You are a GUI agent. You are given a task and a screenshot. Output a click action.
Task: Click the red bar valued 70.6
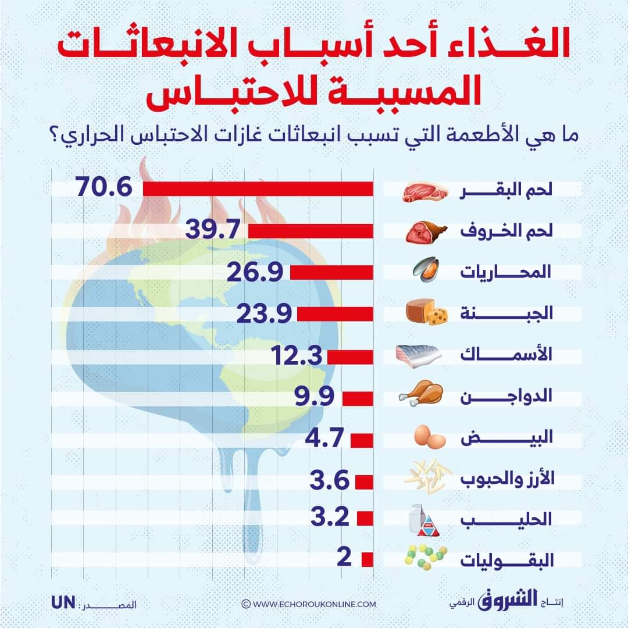click(x=258, y=190)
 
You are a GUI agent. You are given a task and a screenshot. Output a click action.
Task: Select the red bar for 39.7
click(x=311, y=231)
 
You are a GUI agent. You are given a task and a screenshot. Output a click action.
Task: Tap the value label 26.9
click(x=256, y=272)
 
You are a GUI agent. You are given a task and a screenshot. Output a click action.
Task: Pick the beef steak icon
click(x=425, y=191)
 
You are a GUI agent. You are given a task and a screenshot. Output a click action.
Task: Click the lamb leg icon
click(x=426, y=231)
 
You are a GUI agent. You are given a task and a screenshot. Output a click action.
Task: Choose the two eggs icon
click(x=430, y=437)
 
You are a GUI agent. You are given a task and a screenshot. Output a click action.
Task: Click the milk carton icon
click(x=424, y=520)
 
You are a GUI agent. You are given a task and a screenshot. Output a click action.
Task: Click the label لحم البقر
click(x=506, y=191)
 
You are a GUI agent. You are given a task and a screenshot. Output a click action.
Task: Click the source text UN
click(x=63, y=602)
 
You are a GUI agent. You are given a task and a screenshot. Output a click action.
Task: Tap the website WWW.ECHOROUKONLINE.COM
click(x=309, y=604)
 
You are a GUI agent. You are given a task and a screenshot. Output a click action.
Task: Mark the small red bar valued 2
click(x=367, y=559)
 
